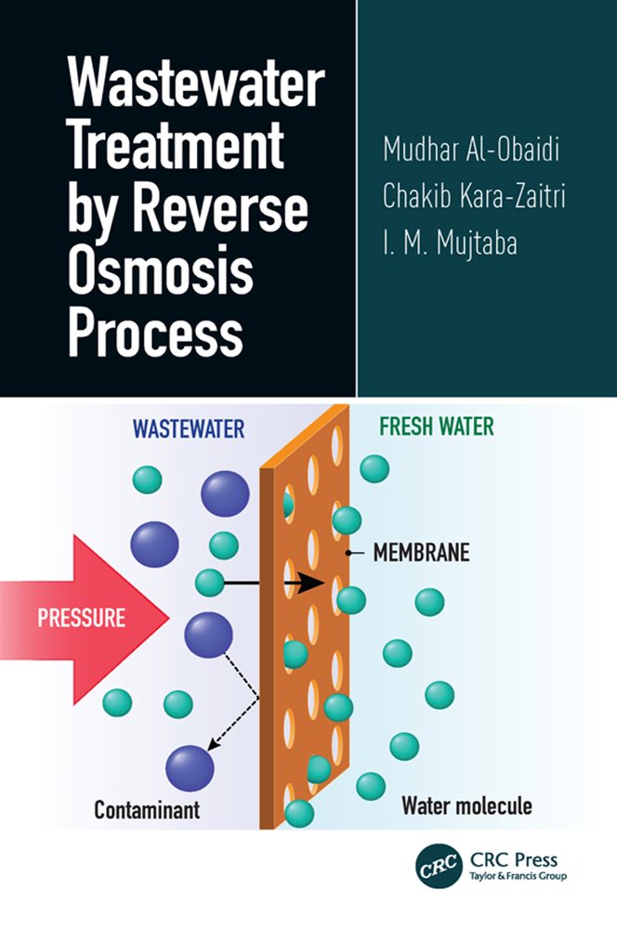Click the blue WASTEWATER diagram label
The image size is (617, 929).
(189, 428)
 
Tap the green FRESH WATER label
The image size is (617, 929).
(437, 427)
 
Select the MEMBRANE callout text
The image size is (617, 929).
(421, 554)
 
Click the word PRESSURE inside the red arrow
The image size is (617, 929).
(83, 619)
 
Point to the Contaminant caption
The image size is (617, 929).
(147, 810)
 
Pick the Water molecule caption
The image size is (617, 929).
(466, 805)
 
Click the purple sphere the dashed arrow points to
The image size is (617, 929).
(190, 767)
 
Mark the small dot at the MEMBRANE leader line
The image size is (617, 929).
(348, 554)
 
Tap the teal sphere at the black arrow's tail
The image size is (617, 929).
(210, 583)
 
